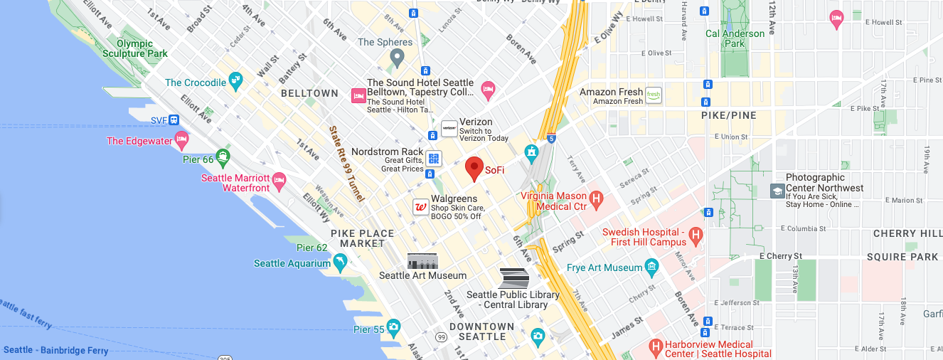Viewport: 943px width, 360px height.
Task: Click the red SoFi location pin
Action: (474, 169)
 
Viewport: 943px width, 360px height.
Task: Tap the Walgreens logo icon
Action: (421, 207)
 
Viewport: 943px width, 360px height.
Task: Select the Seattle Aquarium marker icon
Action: (341, 264)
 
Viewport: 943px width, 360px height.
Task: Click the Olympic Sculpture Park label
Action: (134, 48)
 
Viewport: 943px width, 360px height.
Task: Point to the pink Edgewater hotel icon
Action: (182, 140)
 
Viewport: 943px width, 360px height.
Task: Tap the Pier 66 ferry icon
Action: (224, 157)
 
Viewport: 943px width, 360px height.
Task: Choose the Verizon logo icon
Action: (449, 128)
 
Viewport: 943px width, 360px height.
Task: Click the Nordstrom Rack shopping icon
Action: (434, 158)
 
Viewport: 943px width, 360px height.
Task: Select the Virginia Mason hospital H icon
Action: (597, 199)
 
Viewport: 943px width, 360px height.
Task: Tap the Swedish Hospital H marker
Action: (696, 235)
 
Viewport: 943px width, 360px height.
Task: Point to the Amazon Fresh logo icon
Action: (654, 95)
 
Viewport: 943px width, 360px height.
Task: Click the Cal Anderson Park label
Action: (735, 38)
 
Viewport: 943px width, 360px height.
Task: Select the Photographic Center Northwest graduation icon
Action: (777, 191)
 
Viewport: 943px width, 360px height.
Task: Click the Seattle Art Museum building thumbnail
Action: (422, 261)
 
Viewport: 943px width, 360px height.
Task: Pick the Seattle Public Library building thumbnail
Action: (513, 278)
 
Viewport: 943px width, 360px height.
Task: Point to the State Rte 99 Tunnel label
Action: (346, 164)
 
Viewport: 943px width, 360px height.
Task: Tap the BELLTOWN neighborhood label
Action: (309, 93)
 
